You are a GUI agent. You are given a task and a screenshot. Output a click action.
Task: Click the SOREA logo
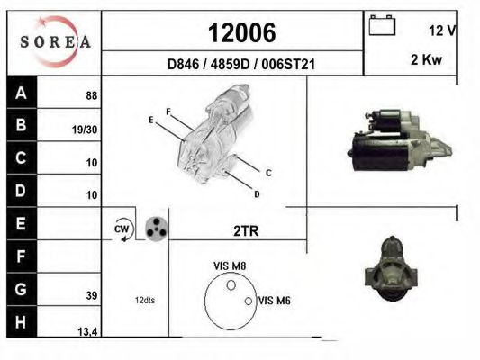(54, 41)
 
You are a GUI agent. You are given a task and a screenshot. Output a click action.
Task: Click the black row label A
(21, 94)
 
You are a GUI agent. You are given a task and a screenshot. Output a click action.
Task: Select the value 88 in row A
(90, 95)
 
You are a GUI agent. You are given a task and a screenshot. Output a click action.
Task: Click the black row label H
(21, 320)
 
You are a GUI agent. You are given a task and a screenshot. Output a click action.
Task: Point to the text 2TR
(245, 230)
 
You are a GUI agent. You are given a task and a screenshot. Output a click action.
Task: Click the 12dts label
(145, 300)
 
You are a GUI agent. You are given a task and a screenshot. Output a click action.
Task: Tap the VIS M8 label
(229, 265)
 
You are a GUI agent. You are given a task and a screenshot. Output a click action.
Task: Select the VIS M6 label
(273, 300)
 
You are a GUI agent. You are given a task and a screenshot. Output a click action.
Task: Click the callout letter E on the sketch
(150, 119)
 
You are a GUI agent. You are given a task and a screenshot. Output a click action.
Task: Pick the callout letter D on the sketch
(257, 193)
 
